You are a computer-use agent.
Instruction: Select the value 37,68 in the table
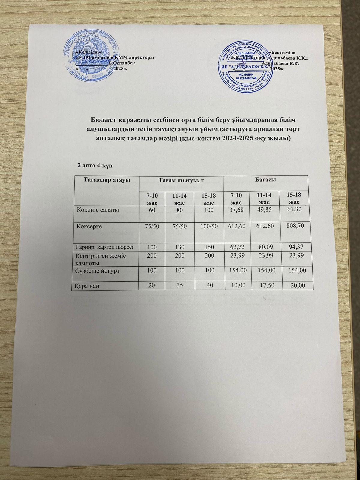(237, 209)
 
